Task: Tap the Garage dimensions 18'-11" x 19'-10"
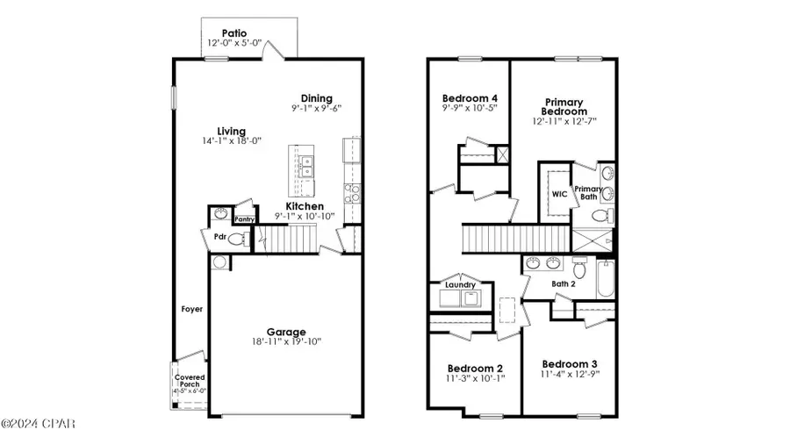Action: click(x=287, y=342)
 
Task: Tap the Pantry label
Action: click(x=244, y=220)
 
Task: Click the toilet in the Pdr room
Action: click(x=237, y=238)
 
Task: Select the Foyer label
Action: click(x=192, y=308)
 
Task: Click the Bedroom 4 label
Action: click(x=469, y=97)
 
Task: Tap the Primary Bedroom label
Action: click(x=564, y=106)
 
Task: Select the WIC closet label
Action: click(x=558, y=194)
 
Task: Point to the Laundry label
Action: click(x=460, y=284)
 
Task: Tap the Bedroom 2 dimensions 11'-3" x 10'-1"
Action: click(x=474, y=380)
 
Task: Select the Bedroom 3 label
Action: click(x=569, y=364)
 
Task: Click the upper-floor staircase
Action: click(x=513, y=237)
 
